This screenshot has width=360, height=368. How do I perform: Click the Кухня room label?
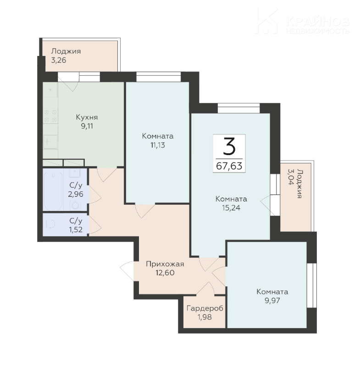tap(87, 117)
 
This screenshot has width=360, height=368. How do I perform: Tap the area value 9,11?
tap(87, 126)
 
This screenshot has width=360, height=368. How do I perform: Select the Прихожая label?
tap(165, 264)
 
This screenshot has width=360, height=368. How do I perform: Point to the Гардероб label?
tap(205, 308)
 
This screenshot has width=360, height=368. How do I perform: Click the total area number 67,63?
tap(229, 166)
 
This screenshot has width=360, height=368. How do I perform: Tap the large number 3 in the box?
tap(229, 146)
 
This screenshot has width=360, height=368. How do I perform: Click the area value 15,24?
tap(231, 208)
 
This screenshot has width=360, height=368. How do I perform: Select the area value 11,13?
tap(158, 145)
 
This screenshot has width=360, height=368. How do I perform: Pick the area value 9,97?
tap(272, 301)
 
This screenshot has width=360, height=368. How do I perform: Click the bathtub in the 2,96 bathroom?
tap(53, 191)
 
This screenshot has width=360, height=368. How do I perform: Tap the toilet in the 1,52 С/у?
tap(50, 224)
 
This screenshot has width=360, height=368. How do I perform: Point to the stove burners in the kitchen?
tap(50, 116)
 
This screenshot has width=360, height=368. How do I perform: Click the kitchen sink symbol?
tap(50, 141)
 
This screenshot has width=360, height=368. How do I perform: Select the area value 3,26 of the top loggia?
tap(59, 60)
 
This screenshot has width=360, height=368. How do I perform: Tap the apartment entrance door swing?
tap(127, 271)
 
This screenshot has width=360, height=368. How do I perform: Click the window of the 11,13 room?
tap(159, 77)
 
